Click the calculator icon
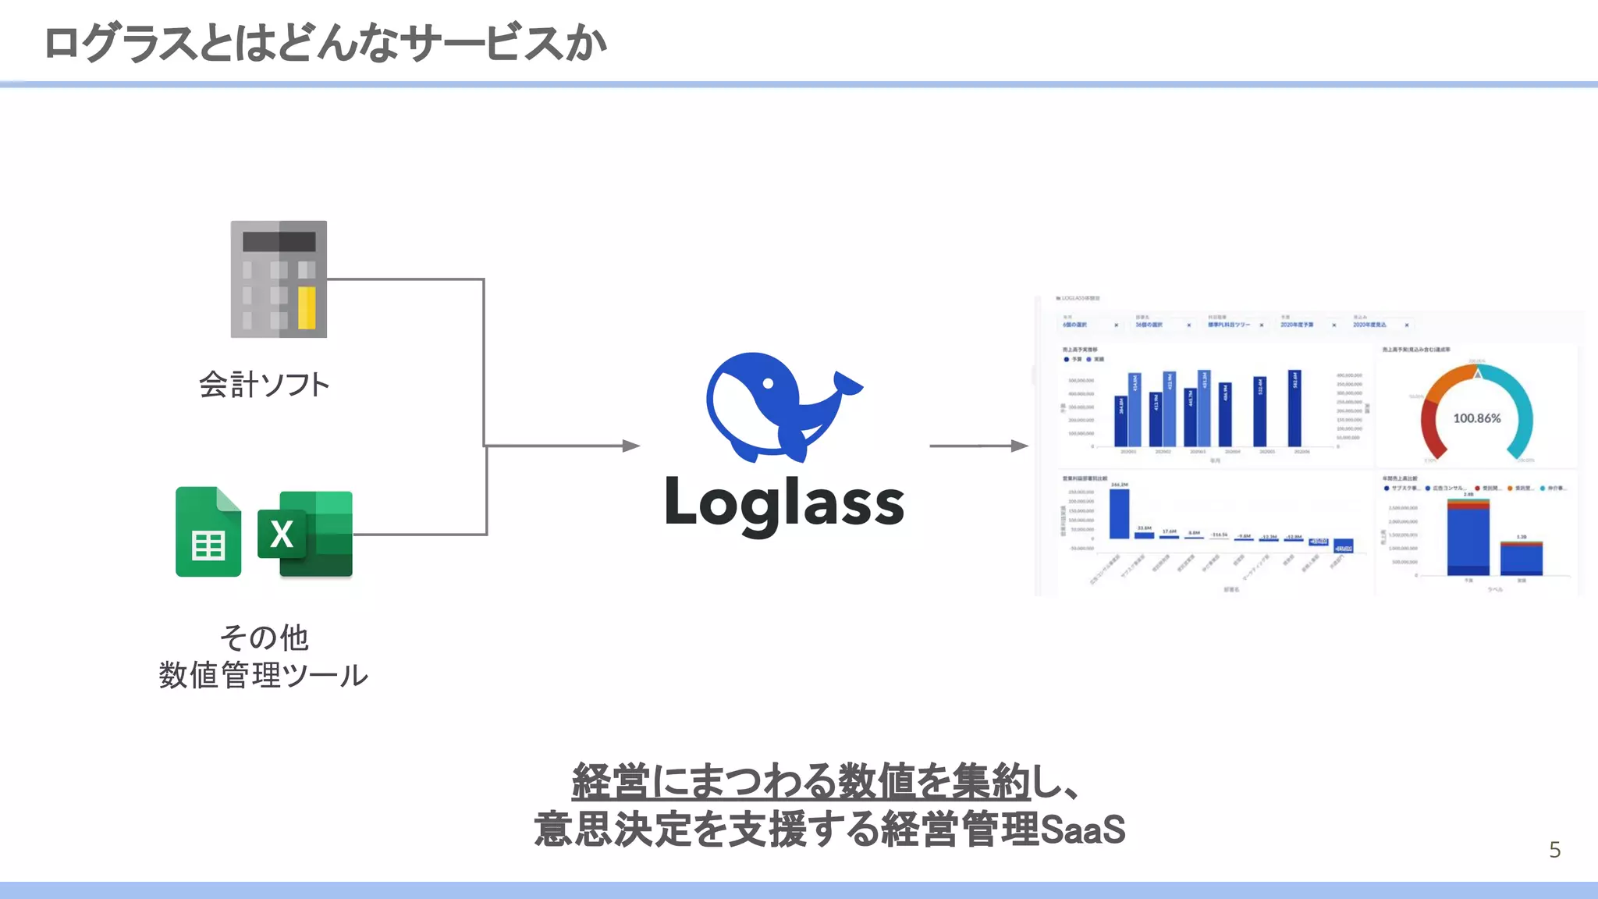279,279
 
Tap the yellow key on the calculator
307,307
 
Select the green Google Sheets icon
208,532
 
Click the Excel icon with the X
305,534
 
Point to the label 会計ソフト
264,385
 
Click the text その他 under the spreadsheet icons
264,638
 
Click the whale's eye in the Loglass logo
768,383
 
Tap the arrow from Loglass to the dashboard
978,446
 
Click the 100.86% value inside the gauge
1476,418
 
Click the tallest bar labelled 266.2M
1119,513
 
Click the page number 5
1554,850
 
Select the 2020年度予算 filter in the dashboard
1297,325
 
